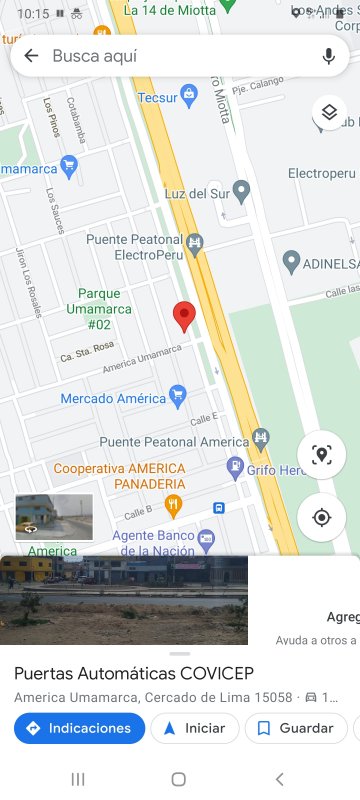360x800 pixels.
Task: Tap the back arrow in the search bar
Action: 31,56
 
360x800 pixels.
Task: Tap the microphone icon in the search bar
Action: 329,56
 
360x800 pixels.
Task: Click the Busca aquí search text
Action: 95,56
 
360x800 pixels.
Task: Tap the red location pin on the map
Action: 183,316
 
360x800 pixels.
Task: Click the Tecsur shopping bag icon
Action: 190,98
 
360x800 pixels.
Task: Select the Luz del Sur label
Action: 195,191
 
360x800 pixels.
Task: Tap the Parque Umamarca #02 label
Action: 99,309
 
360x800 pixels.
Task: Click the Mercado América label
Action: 113,398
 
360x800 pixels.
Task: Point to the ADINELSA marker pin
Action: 291,262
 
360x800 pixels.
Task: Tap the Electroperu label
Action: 321,173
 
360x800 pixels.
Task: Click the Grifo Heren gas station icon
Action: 235,467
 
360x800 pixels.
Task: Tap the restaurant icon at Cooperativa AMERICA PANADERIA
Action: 173,505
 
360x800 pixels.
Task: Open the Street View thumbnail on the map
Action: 54,517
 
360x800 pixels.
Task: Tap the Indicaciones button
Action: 79,728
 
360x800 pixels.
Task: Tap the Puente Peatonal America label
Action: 173,442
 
